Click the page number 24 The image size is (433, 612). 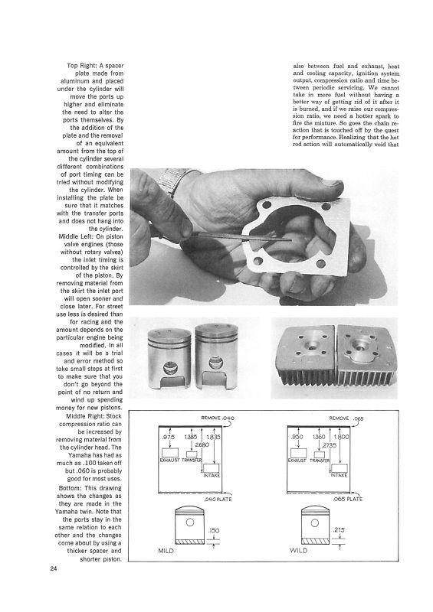tap(54, 568)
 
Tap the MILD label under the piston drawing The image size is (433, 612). tap(166, 551)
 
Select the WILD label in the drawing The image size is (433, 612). tap(298, 550)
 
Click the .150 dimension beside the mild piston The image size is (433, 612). tap(214, 530)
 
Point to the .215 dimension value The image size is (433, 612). tap(338, 530)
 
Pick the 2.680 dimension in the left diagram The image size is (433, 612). tap(202, 444)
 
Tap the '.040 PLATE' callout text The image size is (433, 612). tap(218, 500)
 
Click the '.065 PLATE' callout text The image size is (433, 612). tap(348, 500)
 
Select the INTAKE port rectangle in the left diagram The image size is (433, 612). tap(212, 468)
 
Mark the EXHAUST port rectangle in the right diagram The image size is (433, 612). tap(298, 453)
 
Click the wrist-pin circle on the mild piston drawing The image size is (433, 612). tap(190, 522)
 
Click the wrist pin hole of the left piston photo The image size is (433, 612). tap(170, 367)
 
